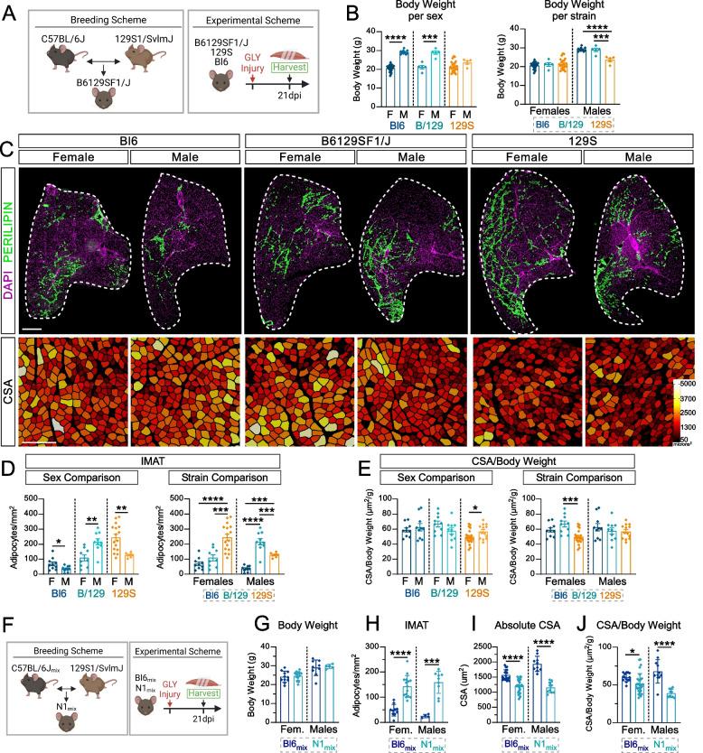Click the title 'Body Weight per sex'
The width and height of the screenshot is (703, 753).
(428, 12)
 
